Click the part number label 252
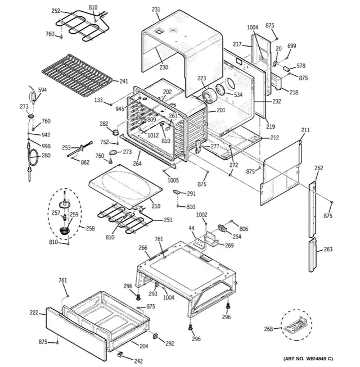point(56,11)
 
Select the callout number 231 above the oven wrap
point(156,10)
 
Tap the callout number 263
point(327,250)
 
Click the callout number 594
point(42,89)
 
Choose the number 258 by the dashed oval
point(89,229)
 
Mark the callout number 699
point(291,46)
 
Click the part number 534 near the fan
point(238,94)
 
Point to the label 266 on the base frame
point(143,247)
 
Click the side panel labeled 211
point(281,163)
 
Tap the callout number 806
point(243,229)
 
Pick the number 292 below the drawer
point(169,343)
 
